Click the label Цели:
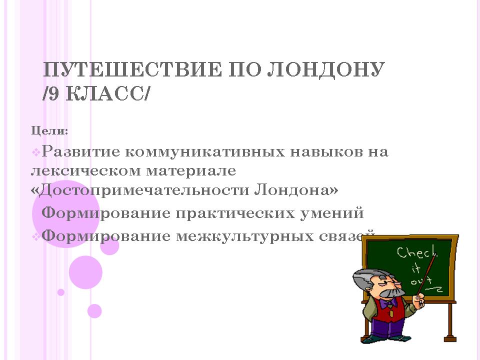click(49, 131)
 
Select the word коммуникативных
click(205, 152)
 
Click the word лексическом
click(86, 171)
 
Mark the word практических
click(235, 213)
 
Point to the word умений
click(332, 213)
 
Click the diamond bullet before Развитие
click(36, 152)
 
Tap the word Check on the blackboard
click(417, 252)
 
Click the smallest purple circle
click(61, 292)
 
